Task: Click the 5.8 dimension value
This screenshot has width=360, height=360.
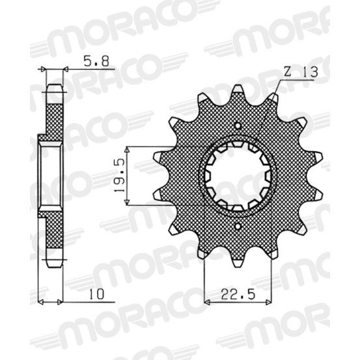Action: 96,61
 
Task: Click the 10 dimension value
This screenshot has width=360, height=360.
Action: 96,294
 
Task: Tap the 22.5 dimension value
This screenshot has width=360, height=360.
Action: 238,294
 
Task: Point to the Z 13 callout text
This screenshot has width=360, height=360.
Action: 300,72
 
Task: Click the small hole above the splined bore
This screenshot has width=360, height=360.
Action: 238,126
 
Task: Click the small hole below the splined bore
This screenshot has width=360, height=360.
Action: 238,227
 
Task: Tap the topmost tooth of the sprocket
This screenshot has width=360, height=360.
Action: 238,91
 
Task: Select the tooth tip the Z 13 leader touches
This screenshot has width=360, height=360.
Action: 274,98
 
